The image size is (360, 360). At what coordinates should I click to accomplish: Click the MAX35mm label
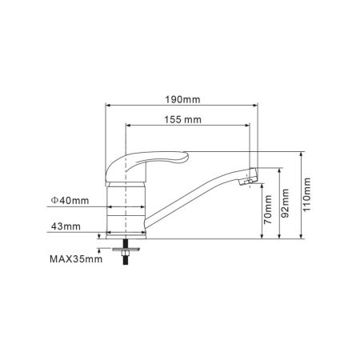[76, 259]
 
